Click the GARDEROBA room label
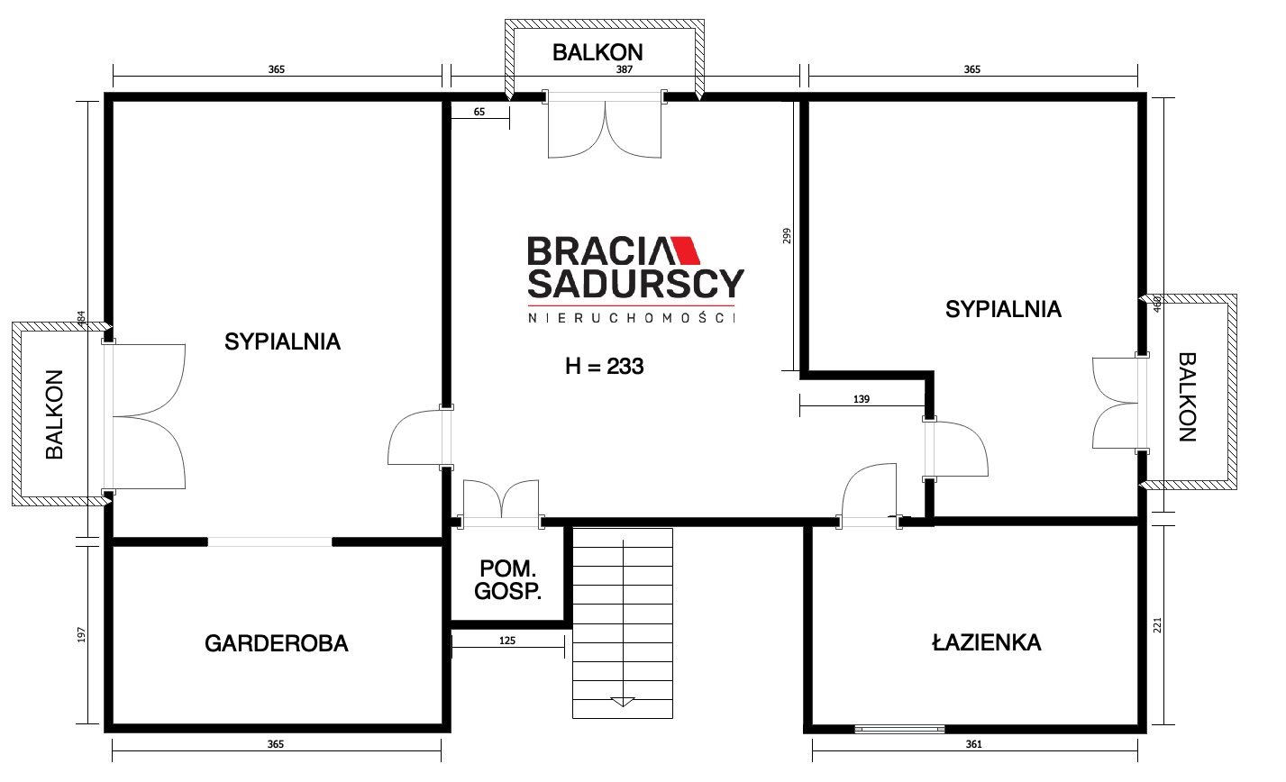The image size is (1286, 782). (x=277, y=644)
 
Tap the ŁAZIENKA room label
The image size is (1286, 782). (x=986, y=641)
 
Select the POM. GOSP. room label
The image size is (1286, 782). (x=507, y=580)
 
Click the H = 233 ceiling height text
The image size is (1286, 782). (x=605, y=366)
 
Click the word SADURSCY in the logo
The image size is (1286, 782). (x=635, y=284)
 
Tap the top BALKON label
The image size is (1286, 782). (x=597, y=53)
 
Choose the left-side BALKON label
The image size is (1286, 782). (x=55, y=414)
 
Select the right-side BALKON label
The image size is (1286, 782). (x=1187, y=397)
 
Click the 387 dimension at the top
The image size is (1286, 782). (x=624, y=69)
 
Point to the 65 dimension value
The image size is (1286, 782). (x=479, y=112)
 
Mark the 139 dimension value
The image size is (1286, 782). (x=862, y=399)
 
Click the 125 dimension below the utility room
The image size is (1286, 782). (x=507, y=641)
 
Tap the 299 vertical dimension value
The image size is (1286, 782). (x=787, y=236)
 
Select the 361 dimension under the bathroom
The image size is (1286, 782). (x=973, y=744)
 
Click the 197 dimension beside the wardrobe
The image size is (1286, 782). (x=81, y=634)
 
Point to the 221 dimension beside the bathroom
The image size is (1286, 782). (x=1157, y=625)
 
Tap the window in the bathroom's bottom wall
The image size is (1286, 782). (x=899, y=729)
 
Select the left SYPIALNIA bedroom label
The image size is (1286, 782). (x=282, y=342)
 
